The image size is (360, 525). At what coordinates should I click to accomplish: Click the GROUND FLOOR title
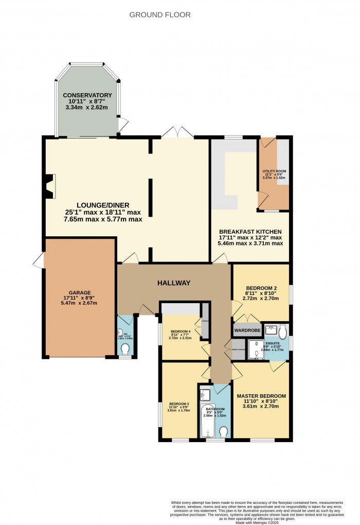pyautogui.click(x=159, y=15)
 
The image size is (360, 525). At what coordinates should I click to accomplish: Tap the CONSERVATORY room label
pyautogui.click(x=87, y=95)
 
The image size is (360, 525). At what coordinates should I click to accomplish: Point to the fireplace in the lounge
pyautogui.click(x=49, y=186)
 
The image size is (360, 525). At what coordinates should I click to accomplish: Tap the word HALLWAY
pyautogui.click(x=174, y=283)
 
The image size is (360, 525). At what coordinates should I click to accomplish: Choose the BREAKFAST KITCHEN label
pyautogui.click(x=251, y=232)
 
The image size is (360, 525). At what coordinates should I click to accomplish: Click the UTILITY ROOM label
pyautogui.click(x=274, y=171)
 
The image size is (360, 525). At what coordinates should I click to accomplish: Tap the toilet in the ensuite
pyautogui.click(x=282, y=330)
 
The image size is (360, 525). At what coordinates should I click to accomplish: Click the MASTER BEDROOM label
pyautogui.click(x=261, y=396)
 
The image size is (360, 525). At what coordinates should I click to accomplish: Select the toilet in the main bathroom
pyautogui.click(x=224, y=431)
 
